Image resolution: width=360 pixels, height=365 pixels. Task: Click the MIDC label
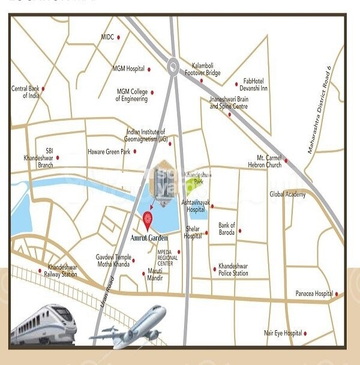107,37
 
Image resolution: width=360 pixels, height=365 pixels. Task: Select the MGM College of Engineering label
132,95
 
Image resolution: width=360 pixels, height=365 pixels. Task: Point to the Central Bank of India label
25,92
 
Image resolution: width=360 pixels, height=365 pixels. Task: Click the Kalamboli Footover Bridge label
206,69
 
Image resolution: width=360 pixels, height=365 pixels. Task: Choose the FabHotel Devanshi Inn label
255,85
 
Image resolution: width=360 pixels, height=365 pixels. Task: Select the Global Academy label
287,195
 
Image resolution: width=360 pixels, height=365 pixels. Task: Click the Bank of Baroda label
227,229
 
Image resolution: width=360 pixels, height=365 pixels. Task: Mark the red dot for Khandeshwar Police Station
214,269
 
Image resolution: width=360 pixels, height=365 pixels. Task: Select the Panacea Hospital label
314,294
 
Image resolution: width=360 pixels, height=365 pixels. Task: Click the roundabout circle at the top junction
174,65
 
